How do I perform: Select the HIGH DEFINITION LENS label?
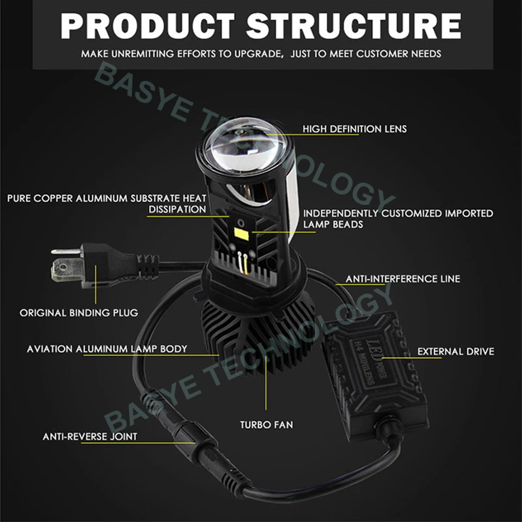[354, 128]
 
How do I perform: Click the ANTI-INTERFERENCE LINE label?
[403, 279]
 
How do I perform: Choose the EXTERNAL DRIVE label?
[455, 351]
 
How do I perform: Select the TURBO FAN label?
[267, 424]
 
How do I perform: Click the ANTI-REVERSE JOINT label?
[90, 436]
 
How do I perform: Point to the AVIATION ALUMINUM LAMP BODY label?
[107, 348]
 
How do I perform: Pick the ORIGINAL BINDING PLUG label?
[79, 313]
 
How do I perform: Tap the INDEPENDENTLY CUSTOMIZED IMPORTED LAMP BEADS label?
[398, 219]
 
